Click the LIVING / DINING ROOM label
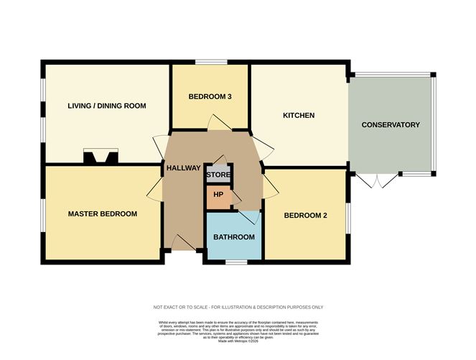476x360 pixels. tap(107, 106)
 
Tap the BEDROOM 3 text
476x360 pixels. tap(210, 96)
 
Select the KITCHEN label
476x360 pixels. tap(299, 115)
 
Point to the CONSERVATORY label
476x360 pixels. tap(391, 125)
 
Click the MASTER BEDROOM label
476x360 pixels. tap(103, 213)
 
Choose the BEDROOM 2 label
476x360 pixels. tap(306, 216)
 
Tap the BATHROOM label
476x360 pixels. tap(234, 237)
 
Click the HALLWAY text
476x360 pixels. tap(183, 167)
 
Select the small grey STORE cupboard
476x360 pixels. tap(218, 175)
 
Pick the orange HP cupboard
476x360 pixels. tap(218, 195)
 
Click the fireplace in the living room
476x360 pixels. tap(100, 156)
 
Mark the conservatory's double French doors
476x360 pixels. tap(378, 180)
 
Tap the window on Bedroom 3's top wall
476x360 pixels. tap(209, 63)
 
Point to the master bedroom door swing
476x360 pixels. tap(155, 188)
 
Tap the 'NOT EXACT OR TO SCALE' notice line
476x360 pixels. tap(238, 307)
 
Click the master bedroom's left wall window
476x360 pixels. tap(42, 215)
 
